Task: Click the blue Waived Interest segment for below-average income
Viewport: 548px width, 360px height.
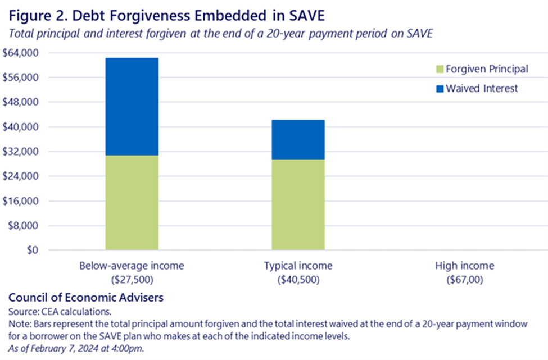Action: (132, 107)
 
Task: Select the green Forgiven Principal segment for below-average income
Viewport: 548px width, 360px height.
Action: (132, 203)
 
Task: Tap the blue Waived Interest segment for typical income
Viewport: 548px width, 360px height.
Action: (298, 140)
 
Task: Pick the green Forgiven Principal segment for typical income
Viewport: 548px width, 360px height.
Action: (298, 204)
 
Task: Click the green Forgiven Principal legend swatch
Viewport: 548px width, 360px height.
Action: (440, 69)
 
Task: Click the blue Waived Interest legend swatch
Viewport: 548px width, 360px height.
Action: (440, 89)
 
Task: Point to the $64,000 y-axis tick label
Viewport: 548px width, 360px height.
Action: (20, 53)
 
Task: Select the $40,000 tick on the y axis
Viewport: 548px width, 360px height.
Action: (20, 127)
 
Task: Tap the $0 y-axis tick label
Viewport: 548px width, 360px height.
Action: (33, 250)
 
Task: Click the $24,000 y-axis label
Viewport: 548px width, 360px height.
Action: (20, 176)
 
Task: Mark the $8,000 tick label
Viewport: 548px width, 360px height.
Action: (23, 226)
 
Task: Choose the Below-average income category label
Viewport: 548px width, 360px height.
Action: (132, 266)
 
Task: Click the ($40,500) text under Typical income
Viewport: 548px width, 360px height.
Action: (298, 280)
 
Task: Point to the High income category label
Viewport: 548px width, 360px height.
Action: (465, 266)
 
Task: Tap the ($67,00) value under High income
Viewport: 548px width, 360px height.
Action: (465, 280)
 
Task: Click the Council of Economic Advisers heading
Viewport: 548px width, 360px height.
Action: (86, 298)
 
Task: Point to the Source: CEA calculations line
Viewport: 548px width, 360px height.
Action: (60, 312)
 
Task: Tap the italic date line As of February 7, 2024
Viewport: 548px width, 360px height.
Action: (76, 348)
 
